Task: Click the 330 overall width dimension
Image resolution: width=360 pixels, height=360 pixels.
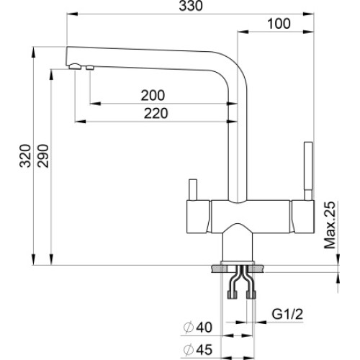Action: pyautogui.click(x=191, y=6)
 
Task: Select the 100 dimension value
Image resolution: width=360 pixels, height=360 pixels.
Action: pyautogui.click(x=279, y=24)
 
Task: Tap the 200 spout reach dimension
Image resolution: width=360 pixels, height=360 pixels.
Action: pyautogui.click(x=153, y=95)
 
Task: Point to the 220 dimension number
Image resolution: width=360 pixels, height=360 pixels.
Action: pyautogui.click(x=156, y=113)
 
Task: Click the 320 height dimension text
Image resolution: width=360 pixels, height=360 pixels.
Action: pyautogui.click(x=25, y=156)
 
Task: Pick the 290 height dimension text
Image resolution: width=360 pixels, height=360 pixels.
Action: pyautogui.click(x=43, y=156)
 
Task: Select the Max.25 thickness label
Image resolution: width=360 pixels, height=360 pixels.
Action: pyautogui.click(x=329, y=225)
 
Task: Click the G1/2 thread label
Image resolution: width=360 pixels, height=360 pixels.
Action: pyautogui.click(x=287, y=314)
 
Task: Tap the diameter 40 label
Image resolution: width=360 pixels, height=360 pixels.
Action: pyautogui.click(x=197, y=327)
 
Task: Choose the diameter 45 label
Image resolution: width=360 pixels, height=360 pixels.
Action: pyautogui.click(x=197, y=349)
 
